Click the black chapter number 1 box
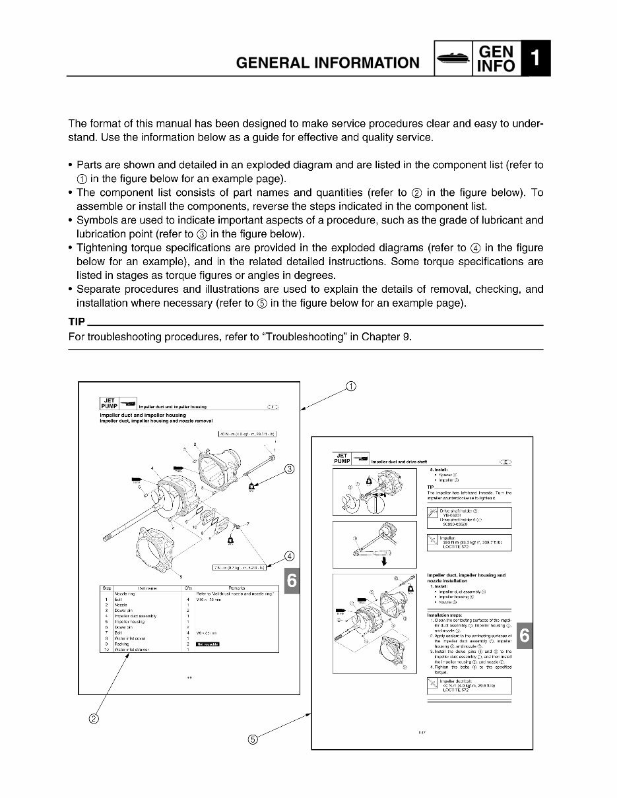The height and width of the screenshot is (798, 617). coord(535,59)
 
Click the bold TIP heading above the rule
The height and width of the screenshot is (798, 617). coord(77,323)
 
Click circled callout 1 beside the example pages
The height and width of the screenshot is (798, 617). coord(350,386)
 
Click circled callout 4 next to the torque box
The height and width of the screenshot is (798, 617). coord(288,555)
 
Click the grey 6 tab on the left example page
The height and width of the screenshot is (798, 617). coord(293,580)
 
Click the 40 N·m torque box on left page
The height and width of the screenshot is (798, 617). coord(247,433)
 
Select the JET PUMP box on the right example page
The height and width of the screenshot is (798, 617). coord(342,458)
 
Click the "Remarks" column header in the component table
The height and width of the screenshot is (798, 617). coord(237,588)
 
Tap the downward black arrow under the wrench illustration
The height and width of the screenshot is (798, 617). coord(383,561)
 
